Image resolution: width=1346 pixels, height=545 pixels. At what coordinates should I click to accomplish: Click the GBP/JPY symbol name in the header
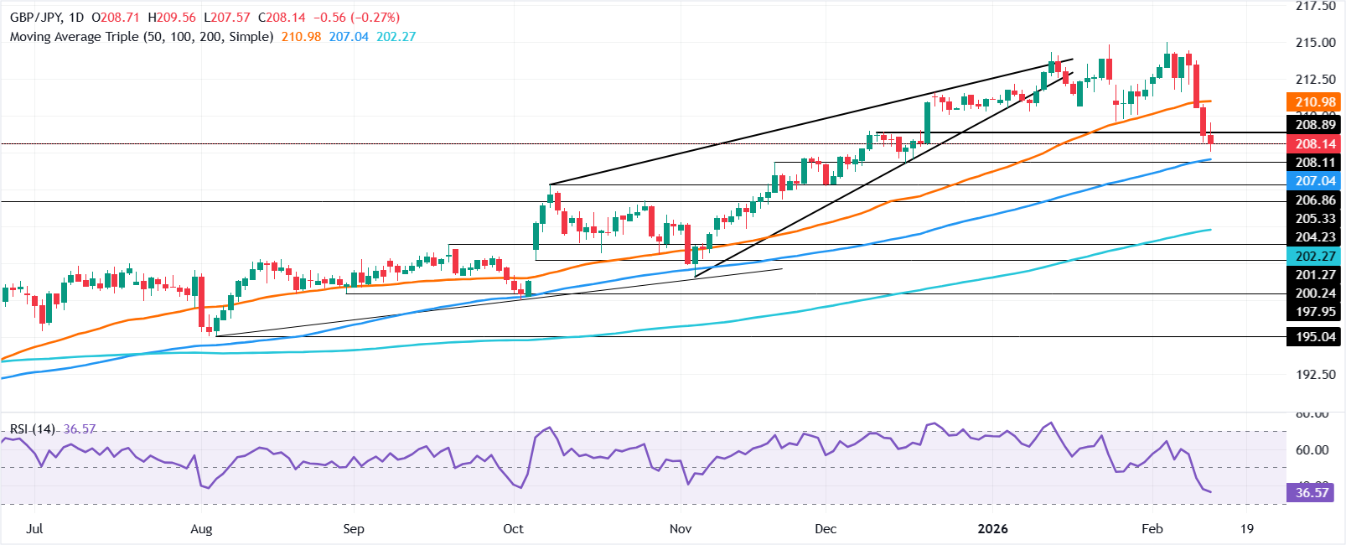tap(34, 18)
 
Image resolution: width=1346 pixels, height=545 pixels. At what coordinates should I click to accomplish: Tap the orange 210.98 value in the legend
tap(300, 37)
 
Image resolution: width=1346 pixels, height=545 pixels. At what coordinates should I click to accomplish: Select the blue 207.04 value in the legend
tap(349, 37)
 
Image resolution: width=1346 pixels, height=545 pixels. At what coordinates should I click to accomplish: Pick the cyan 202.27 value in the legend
tap(396, 37)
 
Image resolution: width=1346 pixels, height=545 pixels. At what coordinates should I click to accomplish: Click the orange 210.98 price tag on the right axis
tap(1315, 102)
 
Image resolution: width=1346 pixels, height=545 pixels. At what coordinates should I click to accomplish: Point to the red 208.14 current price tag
tap(1315, 144)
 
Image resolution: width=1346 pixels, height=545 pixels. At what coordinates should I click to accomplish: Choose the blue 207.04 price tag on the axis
tap(1315, 181)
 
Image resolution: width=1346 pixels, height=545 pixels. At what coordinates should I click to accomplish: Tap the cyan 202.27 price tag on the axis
tap(1315, 257)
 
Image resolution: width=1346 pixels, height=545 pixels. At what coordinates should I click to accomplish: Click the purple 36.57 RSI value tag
tap(1312, 493)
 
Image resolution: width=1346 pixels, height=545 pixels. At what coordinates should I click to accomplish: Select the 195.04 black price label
tap(1315, 337)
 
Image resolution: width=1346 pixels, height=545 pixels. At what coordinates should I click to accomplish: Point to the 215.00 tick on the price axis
tap(1315, 43)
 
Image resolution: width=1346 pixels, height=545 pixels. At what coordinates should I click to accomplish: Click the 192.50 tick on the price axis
tap(1315, 374)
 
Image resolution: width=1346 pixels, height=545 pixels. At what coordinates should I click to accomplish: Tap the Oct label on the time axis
tap(513, 529)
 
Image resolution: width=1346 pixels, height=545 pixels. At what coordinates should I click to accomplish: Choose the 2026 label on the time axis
tap(992, 529)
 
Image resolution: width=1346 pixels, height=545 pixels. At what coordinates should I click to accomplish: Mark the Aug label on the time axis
tap(201, 529)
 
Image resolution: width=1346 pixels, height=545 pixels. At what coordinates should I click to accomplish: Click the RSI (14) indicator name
tap(33, 429)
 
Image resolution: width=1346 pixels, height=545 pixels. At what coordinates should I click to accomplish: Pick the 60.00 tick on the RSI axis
tap(1312, 450)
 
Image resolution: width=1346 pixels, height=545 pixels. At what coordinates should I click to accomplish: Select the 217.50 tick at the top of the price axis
tap(1315, 7)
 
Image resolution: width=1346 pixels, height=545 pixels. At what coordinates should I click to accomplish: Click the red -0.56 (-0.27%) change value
tap(358, 18)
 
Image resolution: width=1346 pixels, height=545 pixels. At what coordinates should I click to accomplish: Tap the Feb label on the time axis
tap(1152, 529)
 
